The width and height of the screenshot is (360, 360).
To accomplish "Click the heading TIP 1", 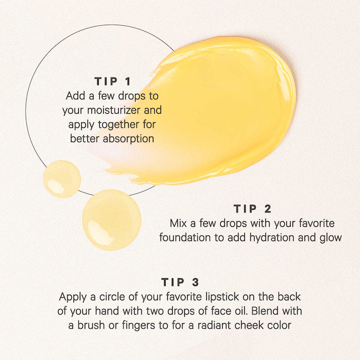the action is [x=113, y=81].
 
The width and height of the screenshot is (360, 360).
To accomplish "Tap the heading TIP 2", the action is [x=253, y=209].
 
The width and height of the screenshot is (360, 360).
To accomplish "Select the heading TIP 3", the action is [x=180, y=282].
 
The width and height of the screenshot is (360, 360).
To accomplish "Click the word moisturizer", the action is [x=114, y=110].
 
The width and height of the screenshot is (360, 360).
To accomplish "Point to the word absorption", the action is [x=129, y=139].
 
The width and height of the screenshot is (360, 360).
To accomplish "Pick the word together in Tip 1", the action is [x=119, y=125].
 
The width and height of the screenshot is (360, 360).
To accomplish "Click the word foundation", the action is [x=185, y=238].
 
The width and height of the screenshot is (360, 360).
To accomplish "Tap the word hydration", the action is [x=272, y=238].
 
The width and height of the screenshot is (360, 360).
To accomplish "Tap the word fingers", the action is [x=138, y=326].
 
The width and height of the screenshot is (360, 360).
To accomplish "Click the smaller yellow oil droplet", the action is [x=62, y=179].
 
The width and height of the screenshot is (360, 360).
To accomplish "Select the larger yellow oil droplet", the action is [x=112, y=220].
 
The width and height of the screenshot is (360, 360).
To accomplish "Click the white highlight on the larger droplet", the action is [x=100, y=232].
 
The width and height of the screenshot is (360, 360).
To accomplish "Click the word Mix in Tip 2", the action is [x=178, y=223].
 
